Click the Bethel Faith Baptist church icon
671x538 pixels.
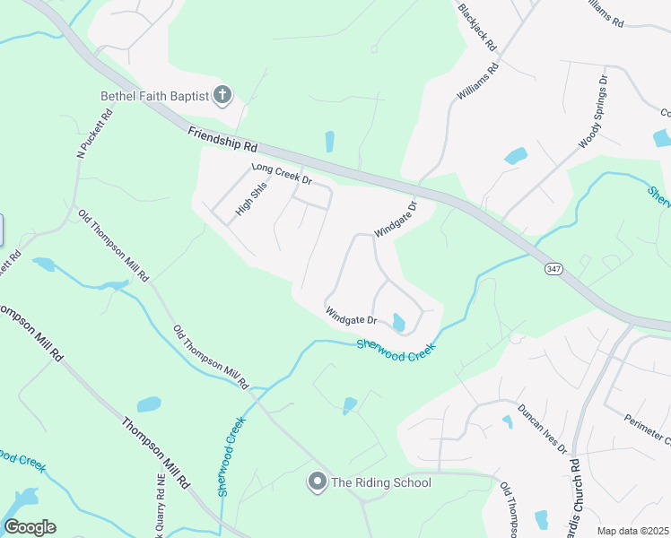pos(223,95)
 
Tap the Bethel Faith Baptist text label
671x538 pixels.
pos(154,96)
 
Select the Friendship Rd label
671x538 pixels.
pos(222,139)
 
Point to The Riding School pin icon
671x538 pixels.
pos(317,482)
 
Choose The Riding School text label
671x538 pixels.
pos(381,482)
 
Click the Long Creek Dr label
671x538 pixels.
pos(281,173)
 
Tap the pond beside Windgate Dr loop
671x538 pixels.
pos(398,322)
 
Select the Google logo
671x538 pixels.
pos(29,527)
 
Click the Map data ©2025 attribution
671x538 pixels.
pos(632,531)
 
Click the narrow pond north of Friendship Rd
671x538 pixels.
pos(329,142)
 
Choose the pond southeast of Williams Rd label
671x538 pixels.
pos(515,156)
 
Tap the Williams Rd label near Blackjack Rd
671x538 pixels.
pos(476,82)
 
